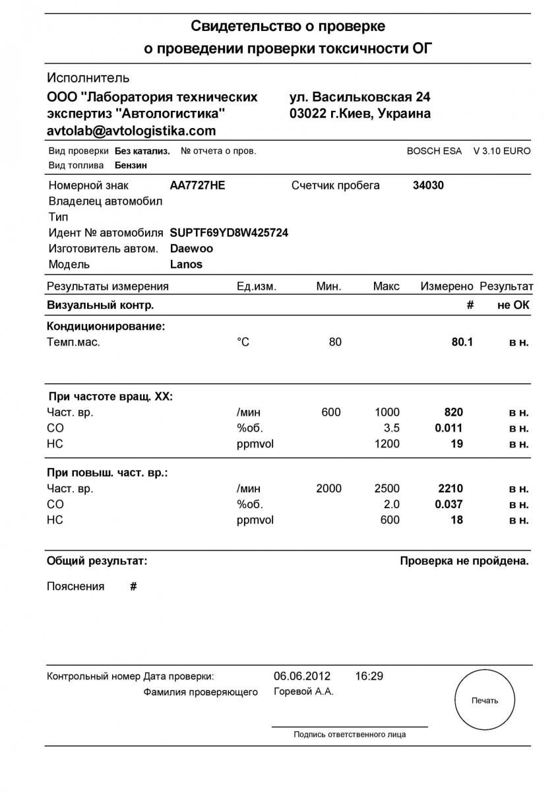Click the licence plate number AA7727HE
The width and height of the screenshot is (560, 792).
[197, 185]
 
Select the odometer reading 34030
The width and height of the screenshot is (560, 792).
[428, 185]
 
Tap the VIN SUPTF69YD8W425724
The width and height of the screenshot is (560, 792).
[229, 233]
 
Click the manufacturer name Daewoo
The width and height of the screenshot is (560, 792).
[191, 249]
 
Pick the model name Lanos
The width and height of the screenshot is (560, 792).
[186, 265]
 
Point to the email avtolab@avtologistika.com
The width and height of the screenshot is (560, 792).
[131, 131]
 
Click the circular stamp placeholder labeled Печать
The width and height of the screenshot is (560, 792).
[485, 700]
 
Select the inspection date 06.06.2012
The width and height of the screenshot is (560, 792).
[302, 676]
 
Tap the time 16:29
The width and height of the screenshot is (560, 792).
[369, 676]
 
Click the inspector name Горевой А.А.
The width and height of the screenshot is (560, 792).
[303, 692]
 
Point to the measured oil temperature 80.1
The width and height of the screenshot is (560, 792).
[462, 343]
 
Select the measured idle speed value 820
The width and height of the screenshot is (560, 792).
[454, 412]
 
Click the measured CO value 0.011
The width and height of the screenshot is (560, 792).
[449, 428]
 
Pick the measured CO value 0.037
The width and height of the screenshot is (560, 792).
[449, 504]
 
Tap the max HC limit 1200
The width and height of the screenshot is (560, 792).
[387, 444]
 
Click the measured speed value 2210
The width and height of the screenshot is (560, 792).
[451, 489]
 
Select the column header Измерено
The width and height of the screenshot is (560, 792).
[447, 286]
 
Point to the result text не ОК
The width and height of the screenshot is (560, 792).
[513, 305]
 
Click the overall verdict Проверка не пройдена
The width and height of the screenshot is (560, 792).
[464, 562]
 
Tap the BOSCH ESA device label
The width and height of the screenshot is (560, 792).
[434, 151]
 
